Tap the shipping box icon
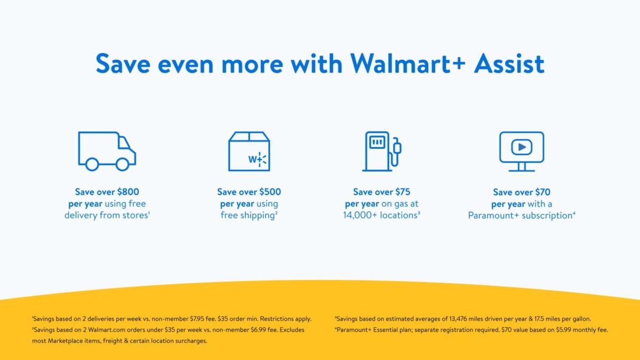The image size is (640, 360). (249, 151)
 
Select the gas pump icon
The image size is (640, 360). (381, 151)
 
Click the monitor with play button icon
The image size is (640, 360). (522, 151)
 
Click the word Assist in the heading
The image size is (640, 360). (509, 63)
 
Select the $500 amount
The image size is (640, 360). (270, 192)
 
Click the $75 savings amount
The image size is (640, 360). (403, 192)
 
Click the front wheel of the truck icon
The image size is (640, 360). (123, 164)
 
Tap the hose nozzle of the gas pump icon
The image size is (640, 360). (397, 146)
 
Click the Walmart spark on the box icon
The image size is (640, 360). (261, 159)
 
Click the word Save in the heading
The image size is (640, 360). (124, 63)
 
